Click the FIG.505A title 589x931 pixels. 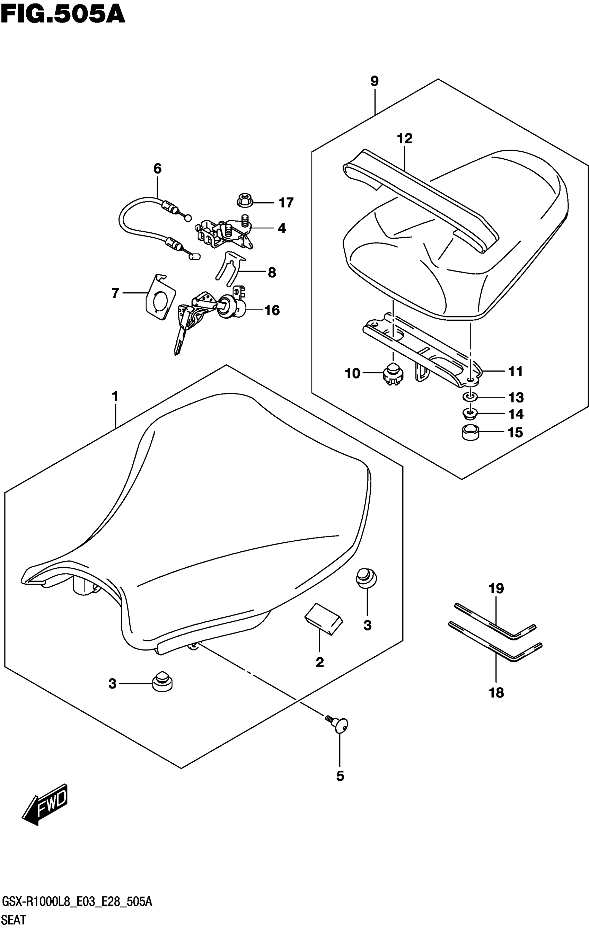click(x=63, y=15)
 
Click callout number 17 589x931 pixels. click(x=286, y=203)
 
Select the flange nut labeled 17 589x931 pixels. click(x=244, y=201)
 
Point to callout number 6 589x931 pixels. click(x=157, y=169)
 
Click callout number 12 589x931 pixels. click(x=405, y=139)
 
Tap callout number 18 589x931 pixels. click(x=496, y=692)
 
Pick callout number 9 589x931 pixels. click(x=374, y=81)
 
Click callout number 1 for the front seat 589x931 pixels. click(x=115, y=396)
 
